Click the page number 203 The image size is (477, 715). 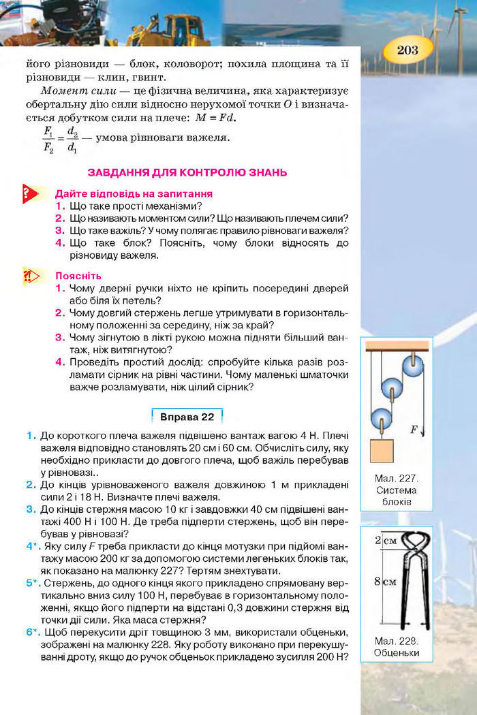coord(406,50)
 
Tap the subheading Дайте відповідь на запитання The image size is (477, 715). coord(134,193)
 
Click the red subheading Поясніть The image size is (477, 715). coord(78,276)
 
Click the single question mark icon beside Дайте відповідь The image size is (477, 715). coord(29,193)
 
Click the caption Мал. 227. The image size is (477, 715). coord(396,478)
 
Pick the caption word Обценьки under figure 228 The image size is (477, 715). coord(396,652)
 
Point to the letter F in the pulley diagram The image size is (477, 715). coord(414,430)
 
